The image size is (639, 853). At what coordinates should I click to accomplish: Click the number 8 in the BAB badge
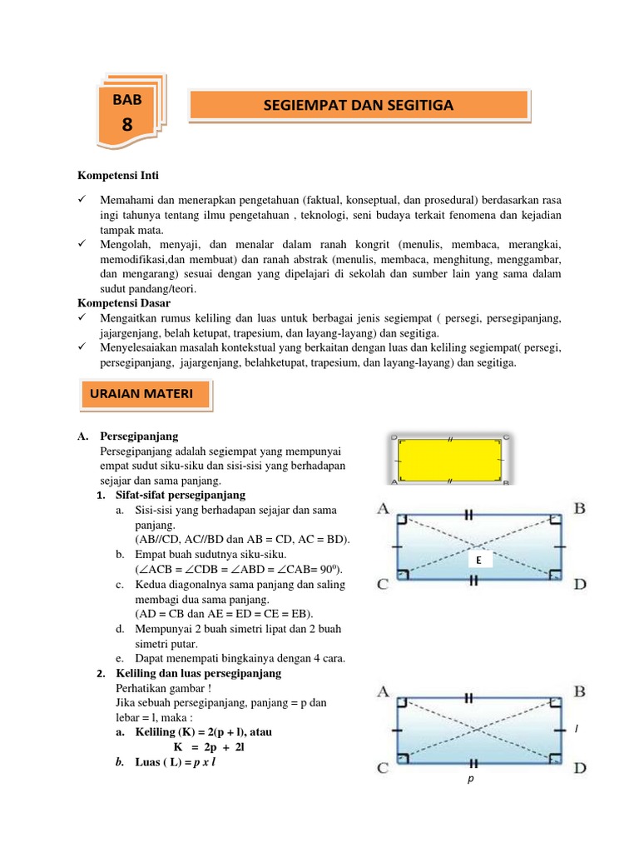126,126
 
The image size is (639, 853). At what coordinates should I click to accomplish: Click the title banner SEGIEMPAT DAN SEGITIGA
359,105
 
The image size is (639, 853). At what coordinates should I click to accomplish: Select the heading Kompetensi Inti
118,176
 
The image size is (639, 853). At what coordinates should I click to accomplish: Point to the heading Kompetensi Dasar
123,304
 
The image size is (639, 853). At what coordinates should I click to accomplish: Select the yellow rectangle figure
449,459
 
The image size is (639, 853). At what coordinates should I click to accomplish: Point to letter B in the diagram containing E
579,508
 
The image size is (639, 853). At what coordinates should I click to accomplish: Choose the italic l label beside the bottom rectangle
576,730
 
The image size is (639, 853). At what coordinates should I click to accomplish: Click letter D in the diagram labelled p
580,767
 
